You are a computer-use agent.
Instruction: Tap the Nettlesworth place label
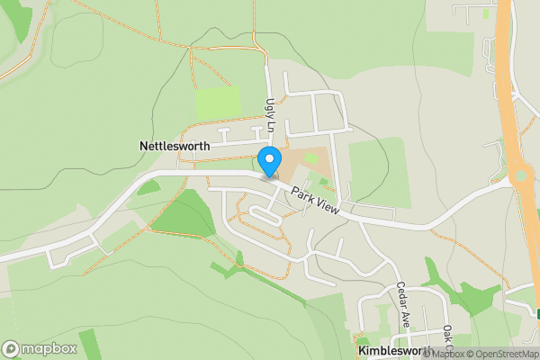(175, 145)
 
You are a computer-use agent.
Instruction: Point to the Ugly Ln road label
(268, 114)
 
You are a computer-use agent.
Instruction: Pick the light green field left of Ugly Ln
(219, 103)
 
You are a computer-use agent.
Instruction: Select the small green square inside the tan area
(311, 157)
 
